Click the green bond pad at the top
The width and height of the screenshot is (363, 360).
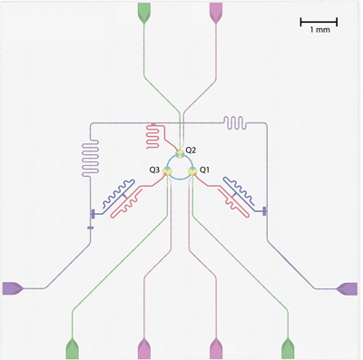(x=144, y=12)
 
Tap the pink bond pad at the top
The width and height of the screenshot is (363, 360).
(x=216, y=12)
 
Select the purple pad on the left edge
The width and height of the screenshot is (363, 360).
(x=12, y=288)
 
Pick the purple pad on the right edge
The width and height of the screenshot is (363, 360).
(x=348, y=288)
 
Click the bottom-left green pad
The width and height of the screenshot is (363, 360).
(x=73, y=348)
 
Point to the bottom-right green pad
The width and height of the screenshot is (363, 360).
(x=288, y=348)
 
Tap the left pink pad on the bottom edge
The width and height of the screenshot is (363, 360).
(x=144, y=348)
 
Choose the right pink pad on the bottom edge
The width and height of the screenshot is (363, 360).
(x=216, y=348)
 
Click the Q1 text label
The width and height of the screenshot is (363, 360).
(x=204, y=170)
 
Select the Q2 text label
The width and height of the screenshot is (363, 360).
(x=191, y=150)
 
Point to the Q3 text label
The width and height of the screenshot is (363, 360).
(x=154, y=170)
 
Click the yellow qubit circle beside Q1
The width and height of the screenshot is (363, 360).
(x=192, y=171)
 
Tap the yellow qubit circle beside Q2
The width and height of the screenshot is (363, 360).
(x=180, y=154)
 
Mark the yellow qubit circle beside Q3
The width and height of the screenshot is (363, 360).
(x=167, y=171)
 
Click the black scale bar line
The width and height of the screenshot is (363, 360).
(x=319, y=22)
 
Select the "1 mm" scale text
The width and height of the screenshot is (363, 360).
(x=320, y=30)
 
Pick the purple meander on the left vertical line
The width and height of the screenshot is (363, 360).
(x=90, y=157)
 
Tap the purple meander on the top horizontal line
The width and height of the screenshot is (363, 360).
(x=235, y=123)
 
